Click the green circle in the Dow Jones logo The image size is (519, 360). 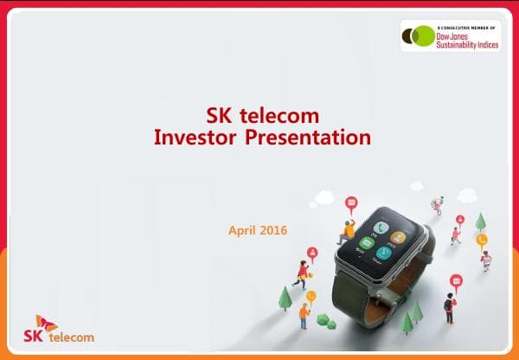tap(424, 35)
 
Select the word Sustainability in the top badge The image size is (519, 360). tap(460, 43)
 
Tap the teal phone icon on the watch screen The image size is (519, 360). tap(375, 222)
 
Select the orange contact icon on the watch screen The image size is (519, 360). tap(398, 235)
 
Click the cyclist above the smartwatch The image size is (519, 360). tap(439, 205)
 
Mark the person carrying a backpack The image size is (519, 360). tap(449, 305)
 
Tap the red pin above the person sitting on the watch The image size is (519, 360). tap(350, 204)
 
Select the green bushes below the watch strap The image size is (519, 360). tap(325, 320)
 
